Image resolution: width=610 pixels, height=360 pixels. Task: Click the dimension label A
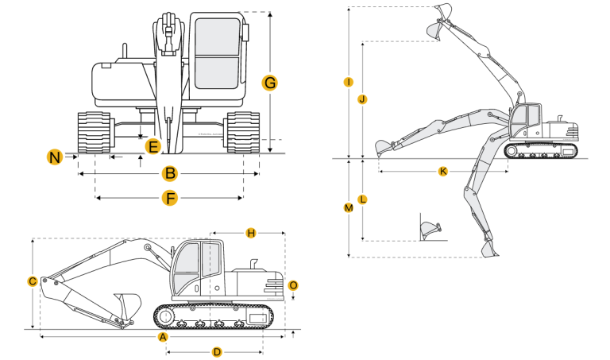(x=164, y=337)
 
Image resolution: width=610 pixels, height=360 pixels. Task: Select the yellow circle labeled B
(x=169, y=173)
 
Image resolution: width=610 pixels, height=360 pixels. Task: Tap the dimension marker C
(x=32, y=281)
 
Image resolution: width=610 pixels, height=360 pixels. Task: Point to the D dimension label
(x=217, y=350)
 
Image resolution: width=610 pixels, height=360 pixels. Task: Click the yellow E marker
(x=153, y=146)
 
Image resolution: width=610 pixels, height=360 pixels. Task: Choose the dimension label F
(x=169, y=198)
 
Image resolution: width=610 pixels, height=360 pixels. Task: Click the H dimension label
(x=250, y=233)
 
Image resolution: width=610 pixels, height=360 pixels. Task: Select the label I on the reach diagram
(x=348, y=82)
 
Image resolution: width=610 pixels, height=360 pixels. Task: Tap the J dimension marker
(x=362, y=99)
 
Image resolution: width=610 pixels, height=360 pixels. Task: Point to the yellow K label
(x=442, y=171)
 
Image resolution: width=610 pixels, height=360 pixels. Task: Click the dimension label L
(x=362, y=200)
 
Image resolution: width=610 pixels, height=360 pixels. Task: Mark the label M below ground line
(x=348, y=207)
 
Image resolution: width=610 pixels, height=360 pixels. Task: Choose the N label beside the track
(x=54, y=157)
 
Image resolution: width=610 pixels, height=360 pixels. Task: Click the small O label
(x=293, y=285)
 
